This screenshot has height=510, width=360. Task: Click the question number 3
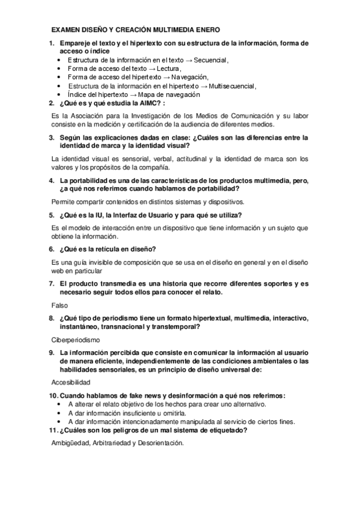tap(51, 138)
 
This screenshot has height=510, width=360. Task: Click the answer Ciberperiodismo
tap(76, 340)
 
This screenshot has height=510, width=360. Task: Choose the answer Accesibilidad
tap(71, 382)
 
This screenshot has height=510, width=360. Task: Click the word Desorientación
tap(157, 443)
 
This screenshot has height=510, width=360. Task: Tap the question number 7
tap(51, 283)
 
